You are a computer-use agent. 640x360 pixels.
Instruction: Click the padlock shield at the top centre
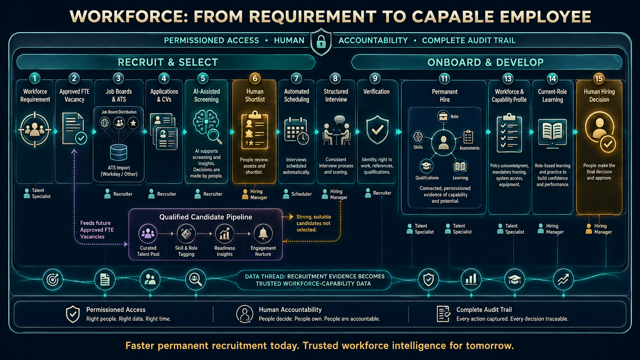tap(321, 42)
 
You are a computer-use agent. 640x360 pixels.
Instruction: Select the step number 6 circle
tap(255, 78)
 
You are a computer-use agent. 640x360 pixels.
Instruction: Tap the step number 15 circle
tap(599, 78)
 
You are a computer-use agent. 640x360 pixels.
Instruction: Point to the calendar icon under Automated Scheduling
tap(296, 131)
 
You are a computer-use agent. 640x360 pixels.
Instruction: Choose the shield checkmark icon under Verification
tap(377, 130)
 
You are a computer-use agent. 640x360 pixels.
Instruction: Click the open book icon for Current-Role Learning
tap(552, 133)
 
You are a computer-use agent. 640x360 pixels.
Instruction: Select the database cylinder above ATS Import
tap(119, 152)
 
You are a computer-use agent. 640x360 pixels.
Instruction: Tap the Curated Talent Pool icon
tap(148, 233)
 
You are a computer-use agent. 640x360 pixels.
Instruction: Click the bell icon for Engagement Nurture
tap(263, 233)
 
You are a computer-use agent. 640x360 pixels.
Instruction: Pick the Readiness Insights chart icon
tap(224, 233)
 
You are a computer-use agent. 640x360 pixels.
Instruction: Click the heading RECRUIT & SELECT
tap(168, 62)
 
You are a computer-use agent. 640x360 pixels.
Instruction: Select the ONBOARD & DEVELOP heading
tap(485, 62)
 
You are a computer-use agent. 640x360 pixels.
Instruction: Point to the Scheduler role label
tap(301, 194)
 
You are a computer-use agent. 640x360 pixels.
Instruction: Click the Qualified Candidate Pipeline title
tap(206, 217)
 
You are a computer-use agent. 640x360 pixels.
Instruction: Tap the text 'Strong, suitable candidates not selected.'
tap(313, 223)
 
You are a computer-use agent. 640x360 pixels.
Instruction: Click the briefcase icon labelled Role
tap(443, 116)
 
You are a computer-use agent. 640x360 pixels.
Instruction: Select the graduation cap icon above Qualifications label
tap(426, 166)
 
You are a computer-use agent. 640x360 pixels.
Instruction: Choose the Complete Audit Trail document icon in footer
tap(443, 314)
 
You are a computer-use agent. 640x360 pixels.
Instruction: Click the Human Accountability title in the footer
tap(290, 310)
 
